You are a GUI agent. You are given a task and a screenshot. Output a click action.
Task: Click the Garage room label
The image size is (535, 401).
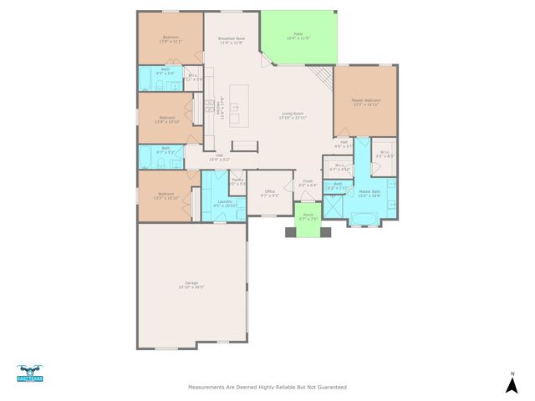(x=191, y=285)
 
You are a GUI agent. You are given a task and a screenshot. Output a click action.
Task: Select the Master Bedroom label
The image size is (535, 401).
(x=365, y=102)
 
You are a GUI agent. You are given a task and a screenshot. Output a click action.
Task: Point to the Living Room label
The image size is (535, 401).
(x=293, y=116)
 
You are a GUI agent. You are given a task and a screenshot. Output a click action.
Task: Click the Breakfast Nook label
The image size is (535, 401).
(x=232, y=40)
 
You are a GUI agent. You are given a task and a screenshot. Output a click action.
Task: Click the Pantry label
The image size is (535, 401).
(x=237, y=181)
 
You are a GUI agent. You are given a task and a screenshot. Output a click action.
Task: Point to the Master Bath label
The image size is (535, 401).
(x=369, y=194)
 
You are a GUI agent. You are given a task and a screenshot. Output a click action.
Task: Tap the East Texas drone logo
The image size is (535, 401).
(x=29, y=374)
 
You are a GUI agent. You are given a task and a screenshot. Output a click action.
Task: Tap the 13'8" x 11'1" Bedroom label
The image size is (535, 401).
(x=171, y=39)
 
